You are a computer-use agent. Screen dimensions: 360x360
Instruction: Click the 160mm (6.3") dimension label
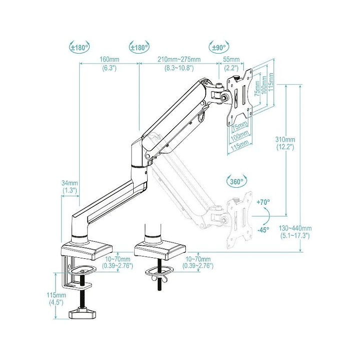(x=109, y=64)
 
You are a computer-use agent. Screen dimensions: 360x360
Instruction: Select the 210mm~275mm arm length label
(x=179, y=64)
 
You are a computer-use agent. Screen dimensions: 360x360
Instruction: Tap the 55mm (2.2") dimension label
(x=231, y=64)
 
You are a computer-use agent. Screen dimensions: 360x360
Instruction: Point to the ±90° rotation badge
(x=218, y=48)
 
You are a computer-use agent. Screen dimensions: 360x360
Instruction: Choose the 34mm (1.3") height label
(x=70, y=186)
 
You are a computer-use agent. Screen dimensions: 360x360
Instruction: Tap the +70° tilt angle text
(x=263, y=202)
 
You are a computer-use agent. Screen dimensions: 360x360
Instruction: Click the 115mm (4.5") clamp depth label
(x=55, y=299)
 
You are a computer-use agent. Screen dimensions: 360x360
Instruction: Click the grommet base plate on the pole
(x=161, y=249)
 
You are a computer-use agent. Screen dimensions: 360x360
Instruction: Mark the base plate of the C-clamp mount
(x=86, y=249)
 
